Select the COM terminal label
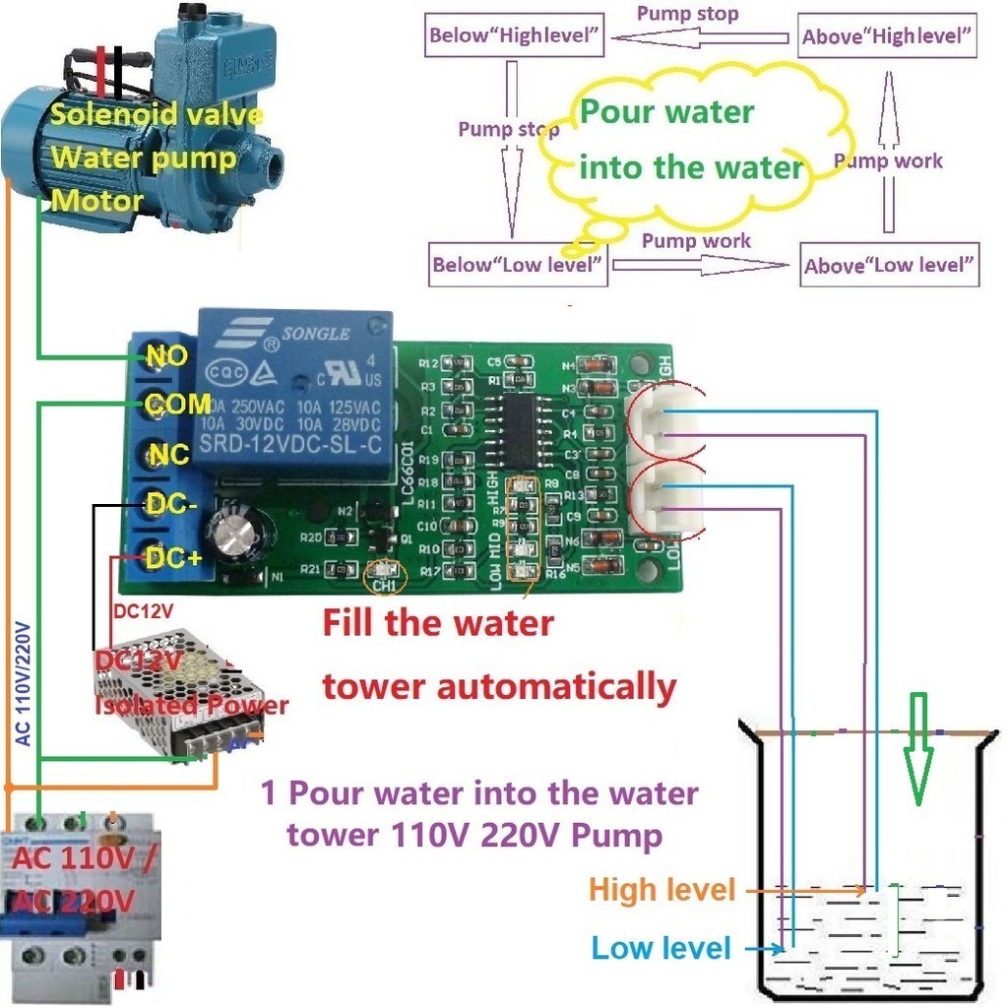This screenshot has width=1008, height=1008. tap(177, 404)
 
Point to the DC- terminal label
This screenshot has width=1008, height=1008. tap(173, 505)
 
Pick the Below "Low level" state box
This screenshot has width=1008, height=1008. tap(519, 265)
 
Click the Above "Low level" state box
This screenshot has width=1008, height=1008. tap(889, 265)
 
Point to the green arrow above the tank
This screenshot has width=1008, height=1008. tap(917, 748)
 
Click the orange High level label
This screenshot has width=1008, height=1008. tap(662, 890)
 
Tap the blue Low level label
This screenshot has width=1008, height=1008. tap(661, 949)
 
